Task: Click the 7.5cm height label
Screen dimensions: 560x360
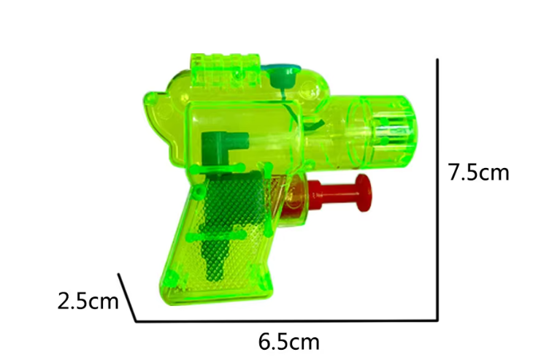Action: [x=478, y=172]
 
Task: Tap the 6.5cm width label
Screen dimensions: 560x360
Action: [x=288, y=342]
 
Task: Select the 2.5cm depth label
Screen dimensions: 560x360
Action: [x=88, y=301]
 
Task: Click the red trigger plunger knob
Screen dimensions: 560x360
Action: [x=363, y=193]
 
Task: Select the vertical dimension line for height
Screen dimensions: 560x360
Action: [x=437, y=190]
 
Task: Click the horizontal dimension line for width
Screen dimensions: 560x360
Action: [x=286, y=321]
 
